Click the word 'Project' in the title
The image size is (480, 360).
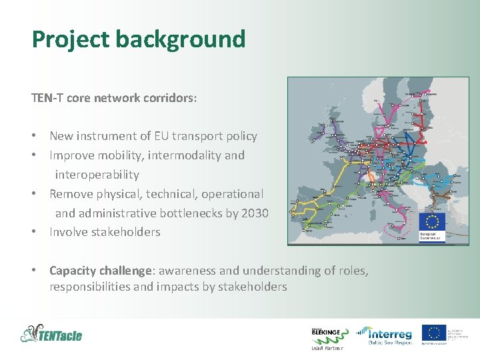[70, 39]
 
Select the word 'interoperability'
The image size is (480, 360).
[97, 175]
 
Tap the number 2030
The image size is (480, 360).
[254, 213]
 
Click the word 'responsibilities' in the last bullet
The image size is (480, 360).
[91, 287]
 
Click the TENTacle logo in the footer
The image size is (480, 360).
[51, 333]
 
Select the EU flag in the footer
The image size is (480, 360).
[435, 333]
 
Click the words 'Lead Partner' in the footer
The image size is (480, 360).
[327, 348]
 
